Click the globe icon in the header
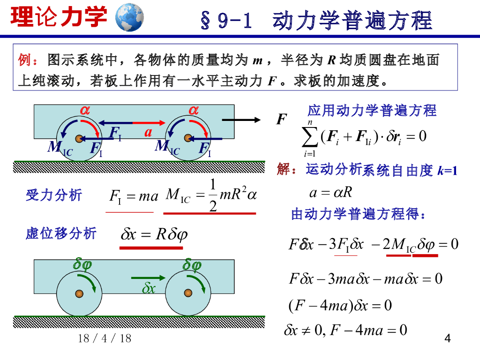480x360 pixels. pos(129,17)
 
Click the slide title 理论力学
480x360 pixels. pos(59,17)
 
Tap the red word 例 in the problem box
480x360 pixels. pos(24,60)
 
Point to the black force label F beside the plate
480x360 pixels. pos(281,120)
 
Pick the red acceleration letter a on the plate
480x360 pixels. pos(149,132)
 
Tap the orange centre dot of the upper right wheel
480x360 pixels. pos(188,138)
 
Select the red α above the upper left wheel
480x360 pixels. pos(85,110)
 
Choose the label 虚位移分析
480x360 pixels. pos(61,233)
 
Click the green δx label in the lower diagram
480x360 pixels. pos(149,288)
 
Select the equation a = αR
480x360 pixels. pos(331,193)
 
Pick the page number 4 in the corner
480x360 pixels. pos(447,338)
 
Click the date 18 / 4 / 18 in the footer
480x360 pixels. pos(105,338)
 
